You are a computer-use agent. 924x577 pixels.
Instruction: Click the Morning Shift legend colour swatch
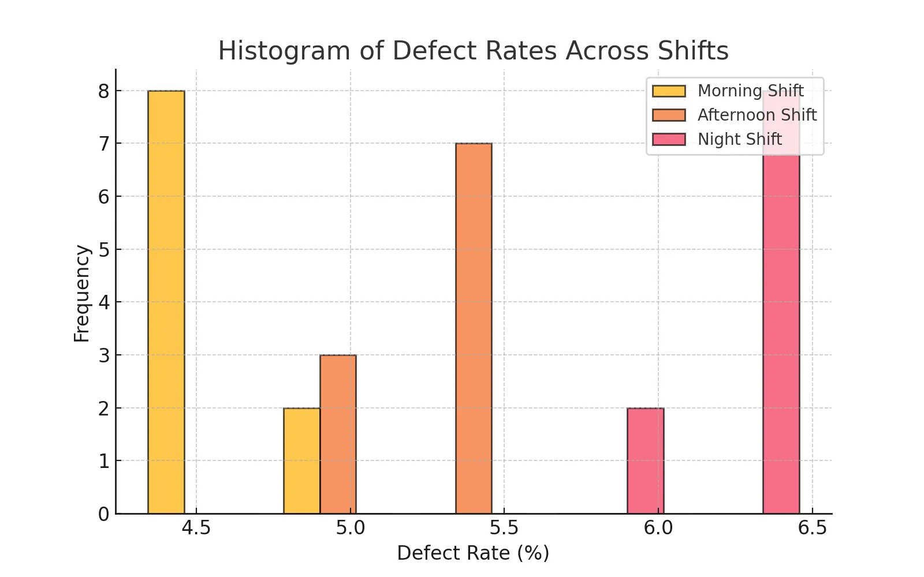(669, 91)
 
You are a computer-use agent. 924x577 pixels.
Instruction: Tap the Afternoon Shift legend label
(757, 115)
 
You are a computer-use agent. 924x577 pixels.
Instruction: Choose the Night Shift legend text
(739, 140)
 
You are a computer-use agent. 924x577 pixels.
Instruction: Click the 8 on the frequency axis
(104, 91)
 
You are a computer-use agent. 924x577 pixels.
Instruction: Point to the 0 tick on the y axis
(104, 514)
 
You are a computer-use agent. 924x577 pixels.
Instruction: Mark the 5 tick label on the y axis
(104, 250)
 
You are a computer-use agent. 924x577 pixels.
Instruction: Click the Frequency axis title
(82, 293)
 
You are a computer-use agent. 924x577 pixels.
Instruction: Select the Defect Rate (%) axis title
(473, 553)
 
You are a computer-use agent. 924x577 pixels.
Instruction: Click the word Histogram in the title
(284, 51)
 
